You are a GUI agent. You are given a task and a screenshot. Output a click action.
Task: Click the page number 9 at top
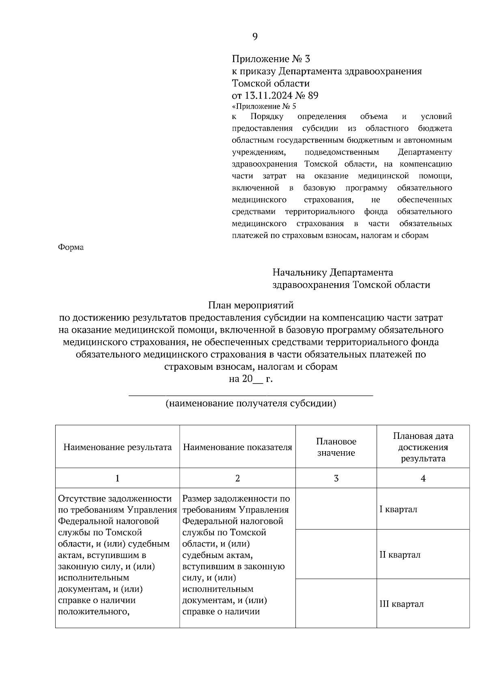click(x=255, y=37)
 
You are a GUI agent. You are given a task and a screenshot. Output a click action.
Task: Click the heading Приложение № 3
click(x=271, y=59)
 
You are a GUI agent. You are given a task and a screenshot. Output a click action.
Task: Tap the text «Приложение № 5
click(x=264, y=107)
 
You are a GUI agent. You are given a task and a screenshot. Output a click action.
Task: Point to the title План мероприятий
click(x=250, y=305)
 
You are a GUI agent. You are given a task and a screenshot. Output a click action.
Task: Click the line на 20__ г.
click(x=250, y=379)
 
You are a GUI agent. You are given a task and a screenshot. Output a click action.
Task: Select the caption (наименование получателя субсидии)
click(x=250, y=404)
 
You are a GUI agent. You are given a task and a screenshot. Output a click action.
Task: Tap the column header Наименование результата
click(x=117, y=447)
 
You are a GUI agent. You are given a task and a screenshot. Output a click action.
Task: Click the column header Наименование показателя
click(x=237, y=447)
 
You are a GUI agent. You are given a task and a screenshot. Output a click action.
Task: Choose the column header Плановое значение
click(x=336, y=447)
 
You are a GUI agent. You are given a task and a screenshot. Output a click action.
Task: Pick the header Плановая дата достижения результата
click(x=423, y=447)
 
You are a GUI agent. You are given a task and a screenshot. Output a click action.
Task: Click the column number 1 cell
click(x=117, y=478)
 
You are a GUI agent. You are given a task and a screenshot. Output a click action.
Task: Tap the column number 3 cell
click(x=336, y=478)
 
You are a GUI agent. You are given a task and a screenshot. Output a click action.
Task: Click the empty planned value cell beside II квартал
click(x=336, y=555)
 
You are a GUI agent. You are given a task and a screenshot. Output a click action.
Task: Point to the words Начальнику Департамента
click(x=333, y=272)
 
